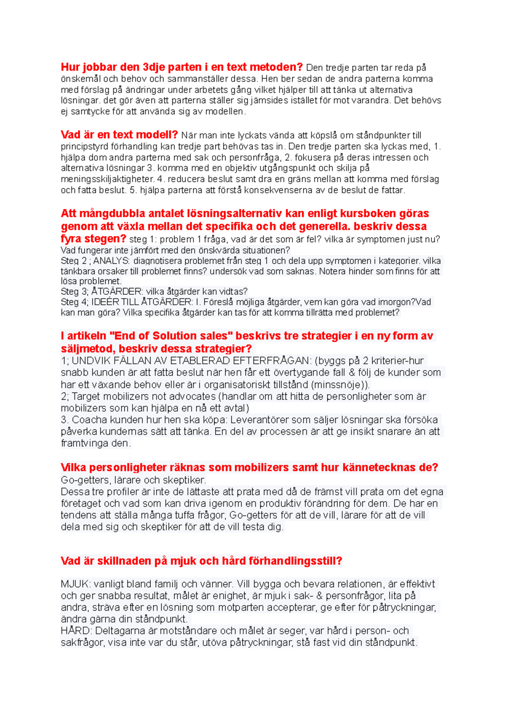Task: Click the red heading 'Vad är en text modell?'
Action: click(119, 135)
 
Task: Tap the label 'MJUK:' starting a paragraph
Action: click(75, 584)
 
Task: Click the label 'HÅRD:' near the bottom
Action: click(76, 631)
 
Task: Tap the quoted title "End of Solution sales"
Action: click(171, 336)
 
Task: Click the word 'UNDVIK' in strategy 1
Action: click(88, 361)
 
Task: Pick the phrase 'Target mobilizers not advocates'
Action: click(144, 397)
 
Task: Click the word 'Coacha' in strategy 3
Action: click(86, 420)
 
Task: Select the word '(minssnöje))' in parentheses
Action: click(340, 385)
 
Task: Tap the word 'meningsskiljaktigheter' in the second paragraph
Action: click(107, 179)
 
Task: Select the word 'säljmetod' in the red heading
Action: click(87, 349)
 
